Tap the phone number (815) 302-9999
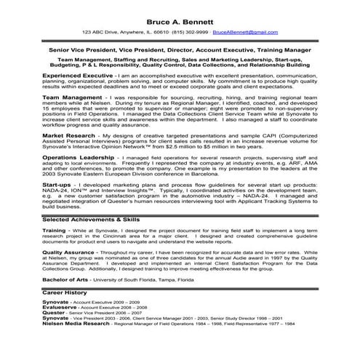coord(191,33)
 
